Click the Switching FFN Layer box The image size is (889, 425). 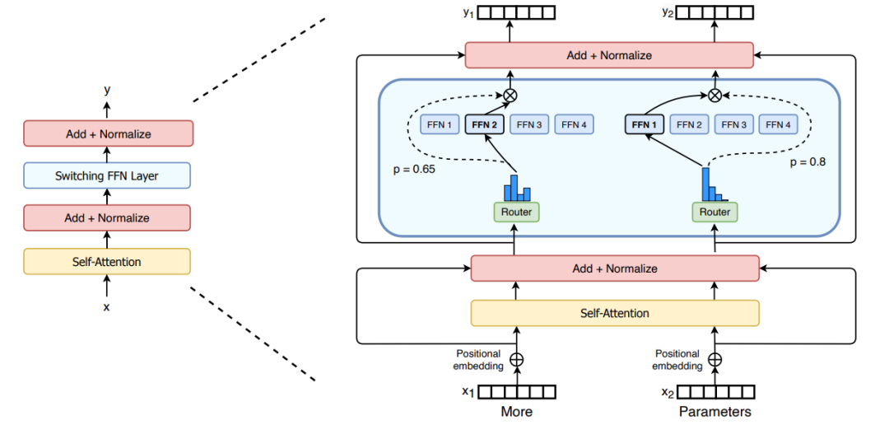pyautogui.click(x=107, y=175)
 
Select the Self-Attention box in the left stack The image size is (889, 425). pyautogui.click(x=107, y=262)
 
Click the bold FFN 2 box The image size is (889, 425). pyautogui.click(x=483, y=125)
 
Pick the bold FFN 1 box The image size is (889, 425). pyautogui.click(x=645, y=125)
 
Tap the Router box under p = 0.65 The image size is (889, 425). pyautogui.click(x=516, y=212)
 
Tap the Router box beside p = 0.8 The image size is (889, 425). pyautogui.click(x=714, y=212)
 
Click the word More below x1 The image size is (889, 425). pyautogui.click(x=516, y=411)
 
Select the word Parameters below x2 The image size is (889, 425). pyautogui.click(x=714, y=411)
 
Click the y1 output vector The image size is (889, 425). pyautogui.click(x=517, y=12)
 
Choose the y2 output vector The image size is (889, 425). pyautogui.click(x=715, y=12)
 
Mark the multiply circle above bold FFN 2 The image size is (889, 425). pyautogui.click(x=510, y=95)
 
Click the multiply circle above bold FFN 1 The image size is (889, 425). pyautogui.click(x=714, y=95)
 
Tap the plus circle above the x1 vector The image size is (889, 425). pyautogui.click(x=517, y=360)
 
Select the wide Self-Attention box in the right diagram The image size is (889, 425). pyautogui.click(x=614, y=313)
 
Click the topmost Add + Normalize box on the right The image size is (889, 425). pyautogui.click(x=609, y=55)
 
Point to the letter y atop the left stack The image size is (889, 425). pyautogui.click(x=106, y=89)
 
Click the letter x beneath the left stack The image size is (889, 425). pyautogui.click(x=106, y=307)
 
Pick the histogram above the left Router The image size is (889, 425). pyautogui.click(x=516, y=189)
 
